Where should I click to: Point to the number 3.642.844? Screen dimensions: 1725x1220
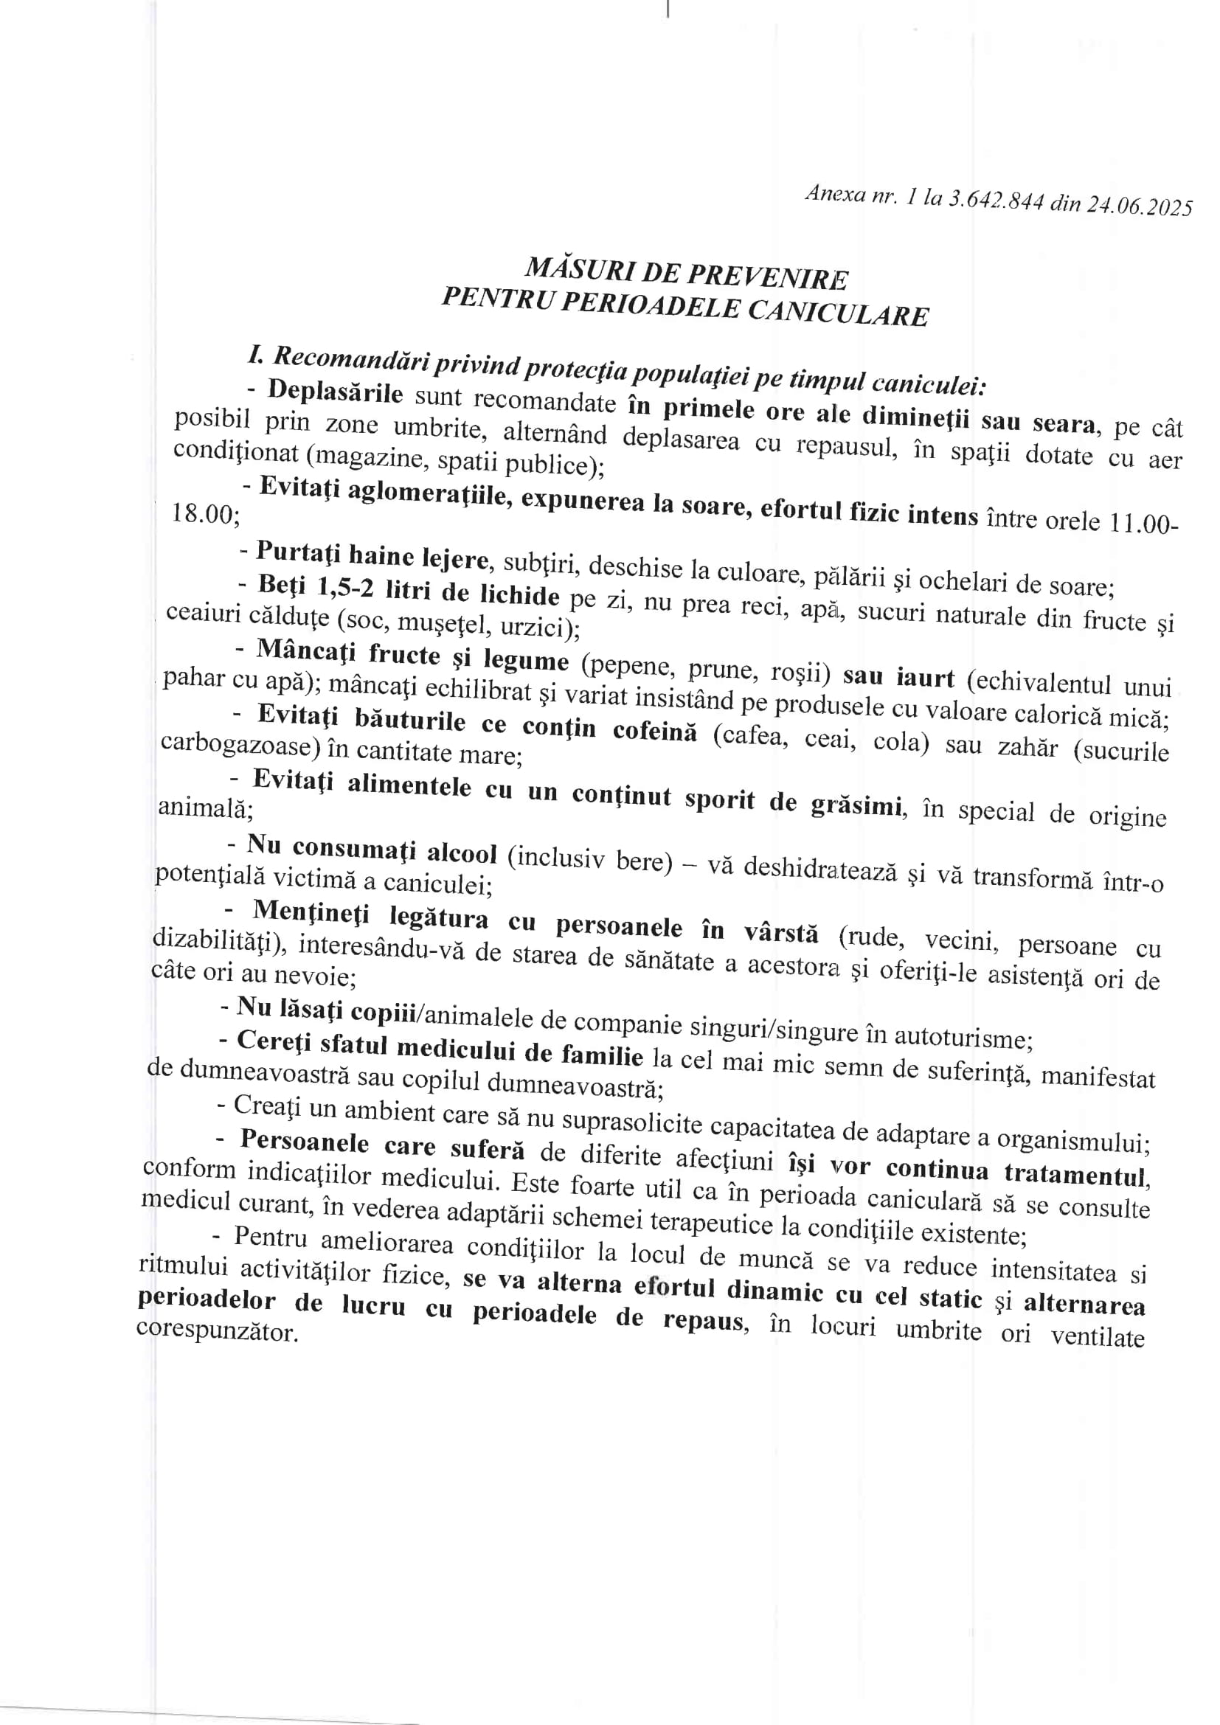pos(994,201)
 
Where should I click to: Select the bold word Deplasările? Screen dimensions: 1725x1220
pos(335,392)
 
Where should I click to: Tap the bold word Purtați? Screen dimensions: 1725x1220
pos(298,552)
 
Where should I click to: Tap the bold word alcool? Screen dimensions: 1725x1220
pos(462,853)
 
